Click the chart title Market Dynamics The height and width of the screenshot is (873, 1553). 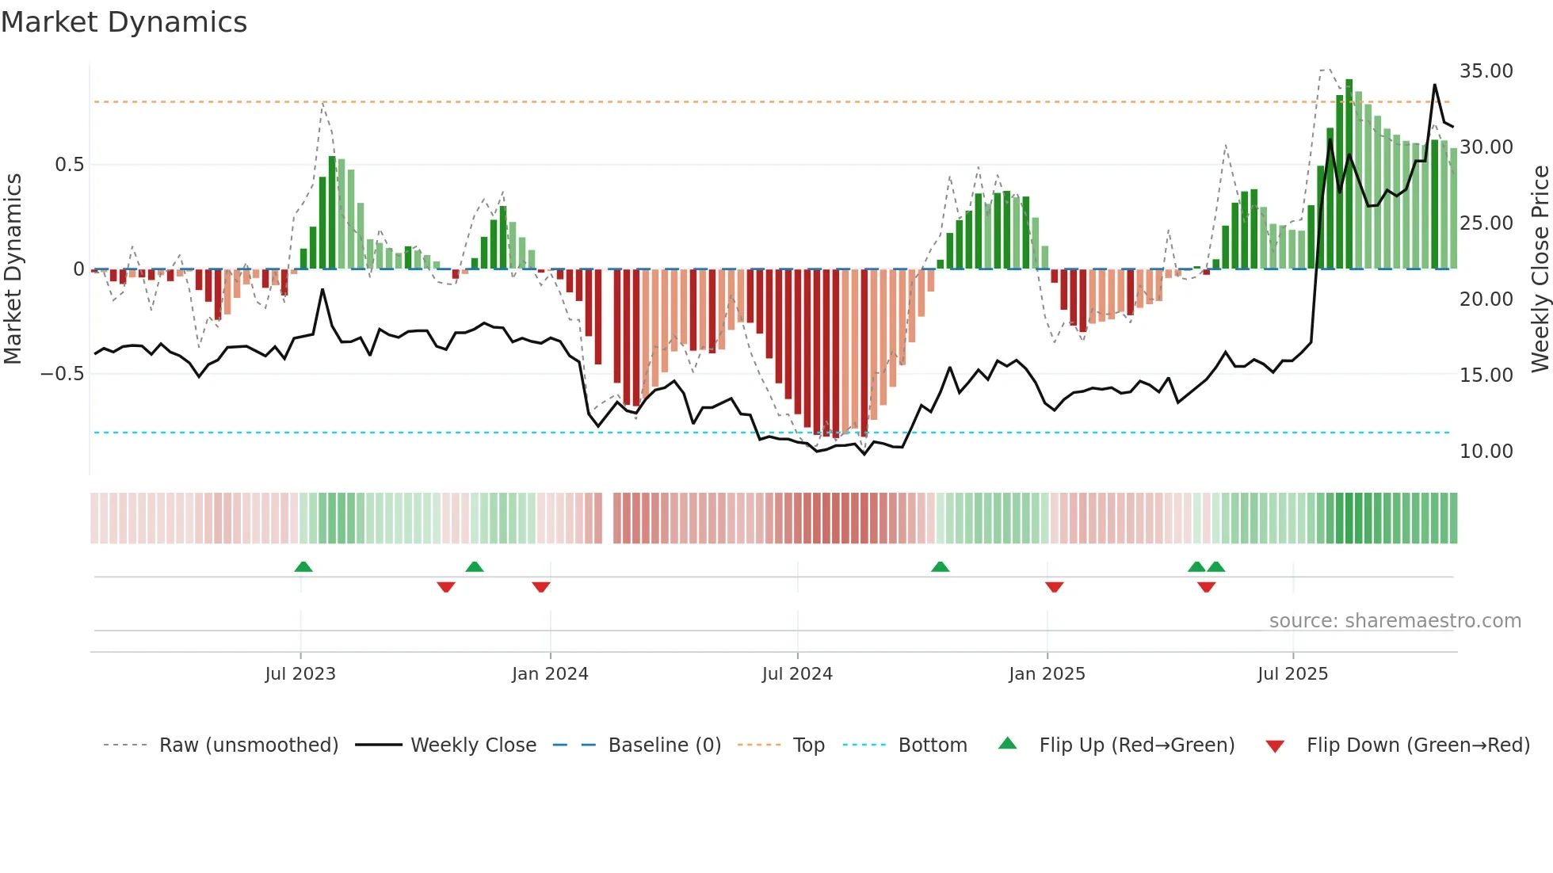(124, 22)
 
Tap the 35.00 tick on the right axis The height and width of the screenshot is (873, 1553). (1486, 71)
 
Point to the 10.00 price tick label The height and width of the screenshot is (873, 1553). (1486, 452)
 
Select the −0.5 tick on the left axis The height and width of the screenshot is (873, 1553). (62, 374)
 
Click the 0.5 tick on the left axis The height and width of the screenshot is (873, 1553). (69, 165)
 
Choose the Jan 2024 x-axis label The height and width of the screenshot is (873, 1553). (550, 674)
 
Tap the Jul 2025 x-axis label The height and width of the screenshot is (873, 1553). (1292, 674)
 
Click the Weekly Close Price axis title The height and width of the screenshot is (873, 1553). (1540, 269)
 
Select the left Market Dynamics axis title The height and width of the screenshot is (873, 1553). (13, 269)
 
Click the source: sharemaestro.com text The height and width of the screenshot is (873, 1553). (1395, 621)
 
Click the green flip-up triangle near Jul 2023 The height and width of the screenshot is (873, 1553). (303, 567)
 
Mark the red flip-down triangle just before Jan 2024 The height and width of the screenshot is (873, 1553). (541, 587)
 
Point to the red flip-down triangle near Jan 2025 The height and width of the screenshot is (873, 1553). (1054, 587)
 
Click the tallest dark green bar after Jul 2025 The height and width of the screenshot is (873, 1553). (1349, 174)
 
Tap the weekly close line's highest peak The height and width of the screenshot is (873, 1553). (1434, 86)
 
